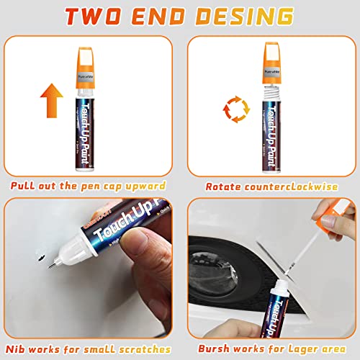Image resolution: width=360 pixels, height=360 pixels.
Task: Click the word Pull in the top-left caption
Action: pyautogui.click(x=26, y=186)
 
